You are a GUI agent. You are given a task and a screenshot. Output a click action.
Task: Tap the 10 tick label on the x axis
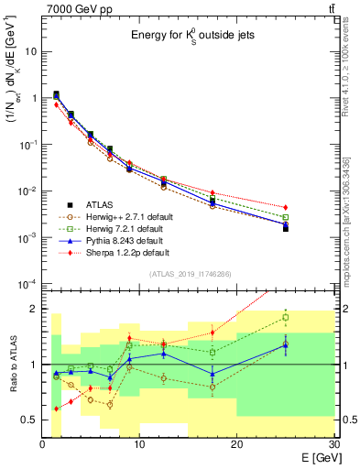click(x=139, y=443)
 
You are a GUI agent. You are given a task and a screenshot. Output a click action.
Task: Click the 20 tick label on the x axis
click(x=237, y=443)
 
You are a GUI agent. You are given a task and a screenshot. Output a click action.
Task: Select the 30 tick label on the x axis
click(x=333, y=443)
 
